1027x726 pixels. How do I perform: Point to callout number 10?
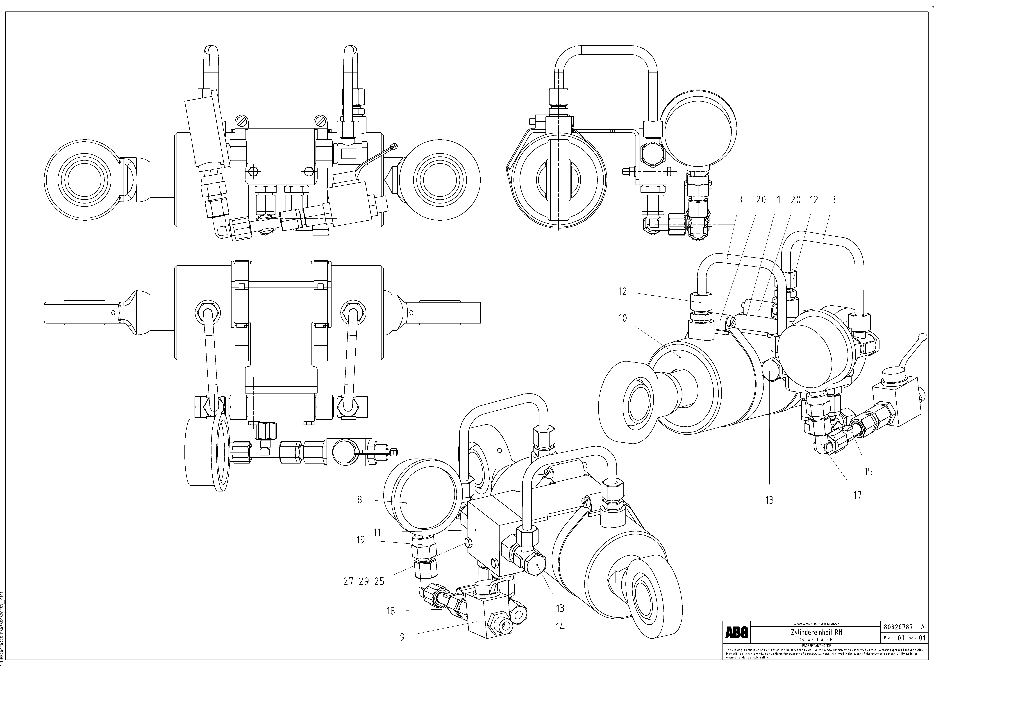pos(623,318)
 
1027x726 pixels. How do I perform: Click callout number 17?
pos(857,495)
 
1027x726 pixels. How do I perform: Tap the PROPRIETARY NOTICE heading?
pos(816,646)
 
